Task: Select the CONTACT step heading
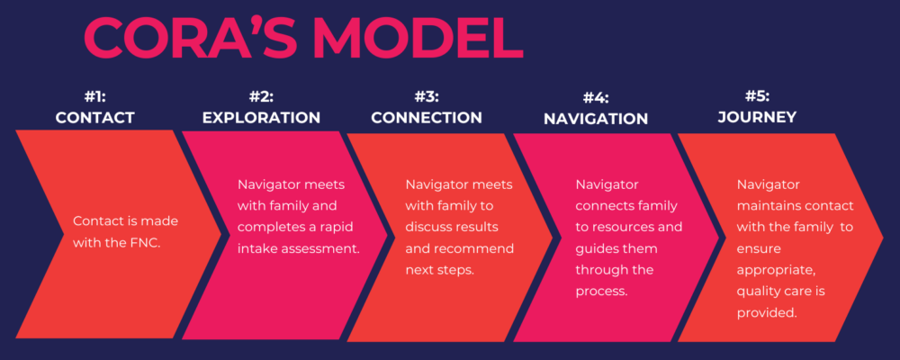[x=94, y=117]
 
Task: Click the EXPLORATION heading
[x=261, y=117]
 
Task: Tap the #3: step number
[x=427, y=97]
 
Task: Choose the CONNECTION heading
[x=427, y=117]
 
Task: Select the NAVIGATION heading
[x=595, y=119]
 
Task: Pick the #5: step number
[x=757, y=97]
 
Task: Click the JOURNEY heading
[x=757, y=117]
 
